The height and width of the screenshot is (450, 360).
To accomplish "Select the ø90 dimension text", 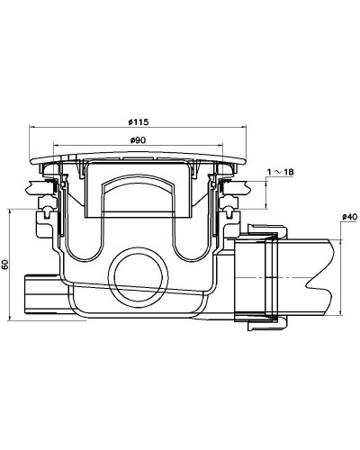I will point(139,140).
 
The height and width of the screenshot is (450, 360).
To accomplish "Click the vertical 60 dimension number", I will point(5,265).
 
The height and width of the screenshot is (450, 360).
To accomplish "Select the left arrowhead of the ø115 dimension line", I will point(34,128).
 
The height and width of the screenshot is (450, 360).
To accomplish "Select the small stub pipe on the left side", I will point(40,292).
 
